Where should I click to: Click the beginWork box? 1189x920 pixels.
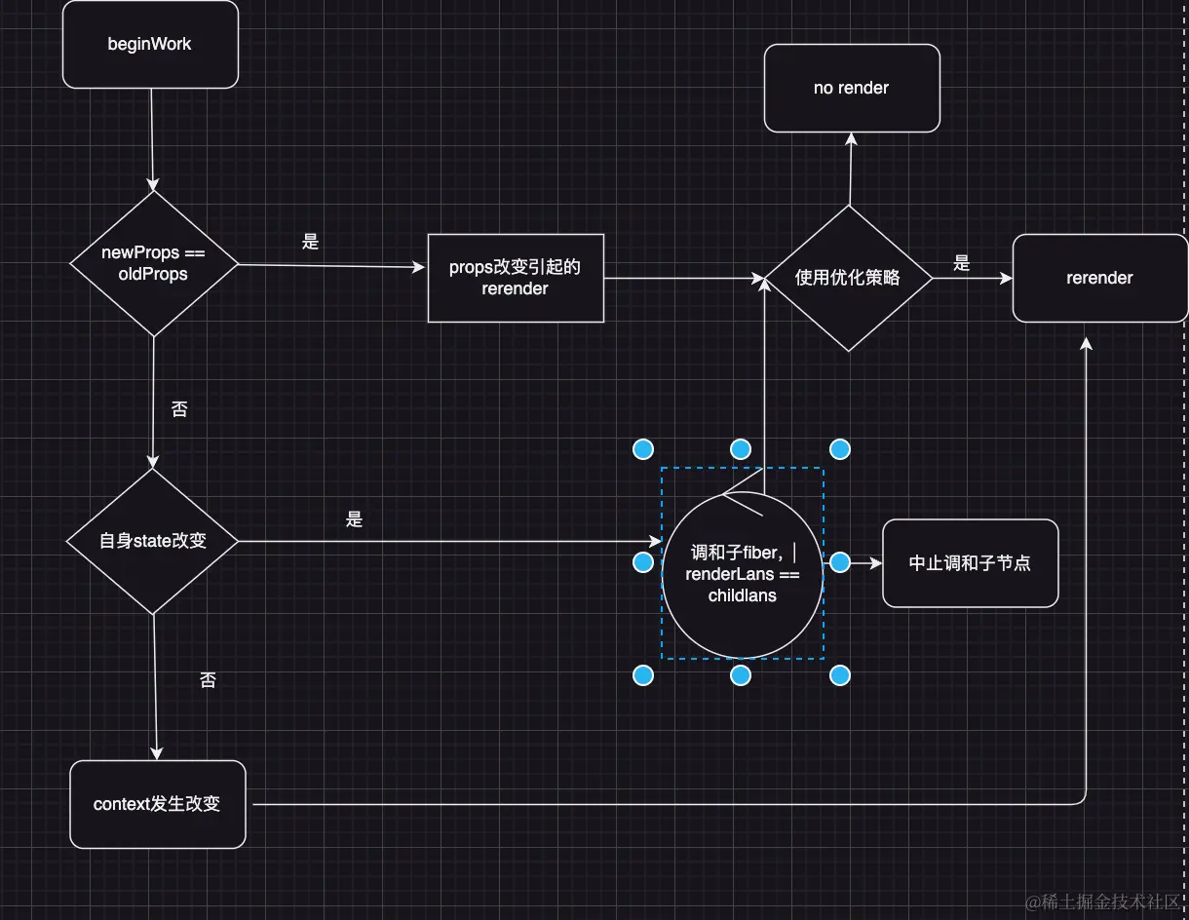point(150,45)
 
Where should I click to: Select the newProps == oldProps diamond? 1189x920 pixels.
point(154,263)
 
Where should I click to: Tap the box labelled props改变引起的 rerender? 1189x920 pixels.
point(516,278)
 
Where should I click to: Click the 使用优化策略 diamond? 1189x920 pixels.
point(848,278)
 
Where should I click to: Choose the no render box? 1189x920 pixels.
point(851,88)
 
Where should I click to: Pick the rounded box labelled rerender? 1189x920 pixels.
point(1099,278)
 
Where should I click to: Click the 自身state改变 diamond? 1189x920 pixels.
point(153,540)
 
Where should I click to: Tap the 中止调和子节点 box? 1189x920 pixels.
point(970,563)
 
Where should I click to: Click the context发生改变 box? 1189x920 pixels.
point(157,804)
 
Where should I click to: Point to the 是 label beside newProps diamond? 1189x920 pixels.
point(310,242)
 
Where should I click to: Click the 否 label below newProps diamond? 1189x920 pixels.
point(179,409)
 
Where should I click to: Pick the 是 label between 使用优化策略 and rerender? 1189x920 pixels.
point(962,262)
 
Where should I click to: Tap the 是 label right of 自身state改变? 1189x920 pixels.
point(354,519)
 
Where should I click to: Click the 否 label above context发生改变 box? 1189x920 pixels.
point(208,680)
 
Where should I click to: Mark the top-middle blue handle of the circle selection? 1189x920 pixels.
point(741,449)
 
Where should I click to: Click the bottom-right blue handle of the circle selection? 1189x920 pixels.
point(840,674)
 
